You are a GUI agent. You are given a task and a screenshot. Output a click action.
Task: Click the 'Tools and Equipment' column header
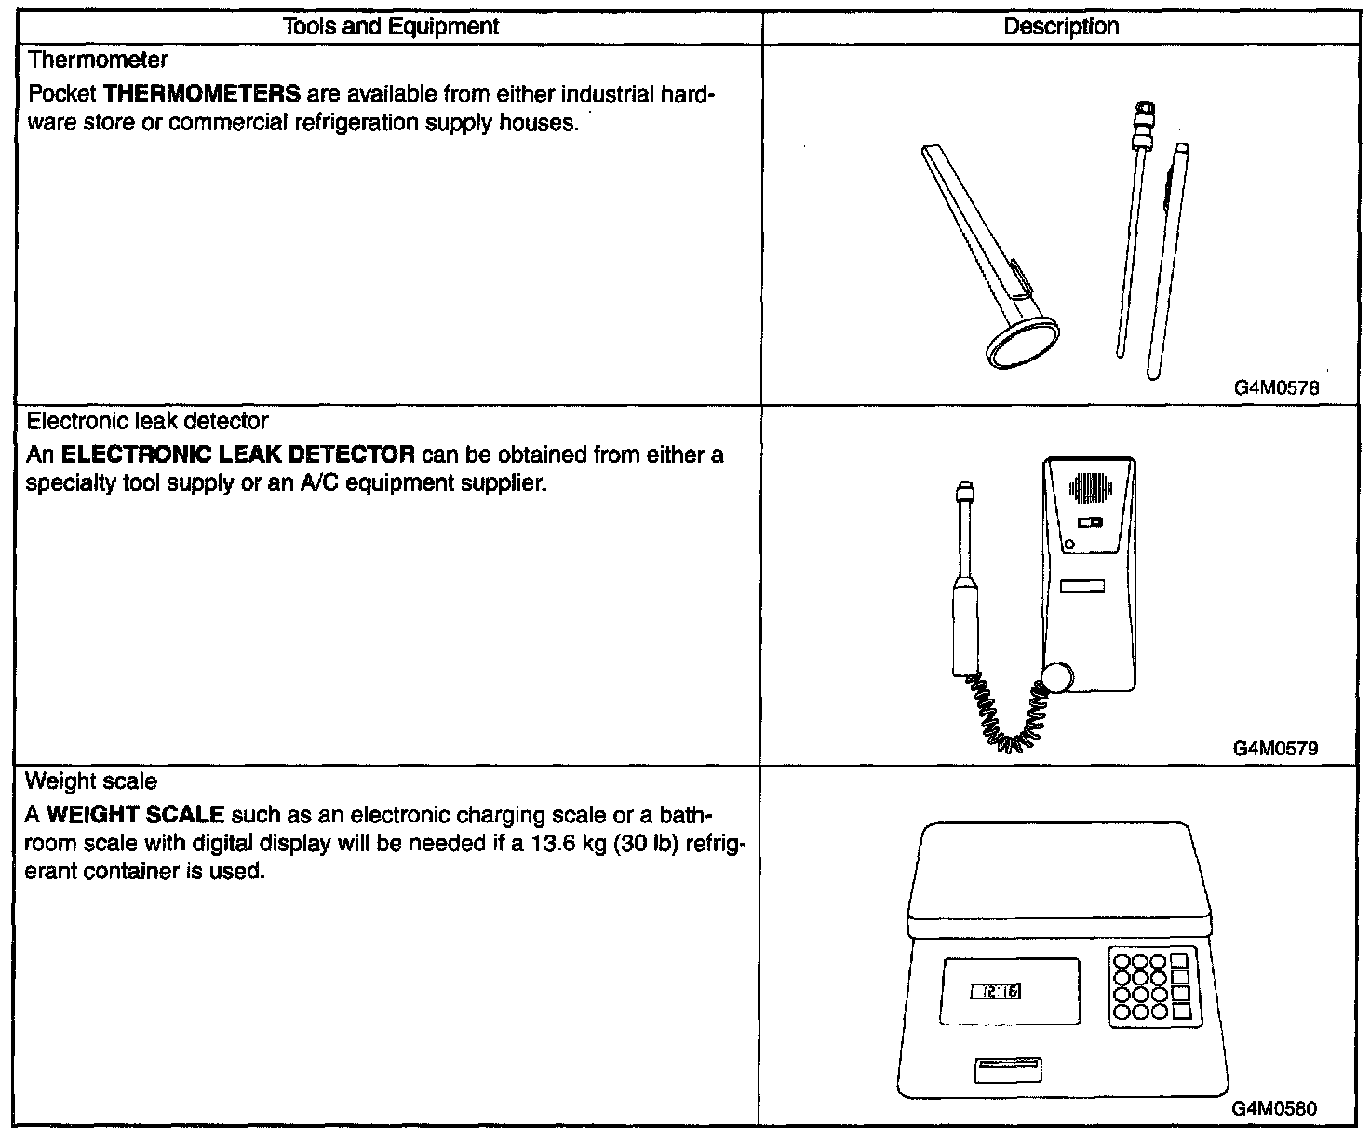(390, 27)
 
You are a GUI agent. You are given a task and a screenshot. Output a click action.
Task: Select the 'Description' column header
(1061, 27)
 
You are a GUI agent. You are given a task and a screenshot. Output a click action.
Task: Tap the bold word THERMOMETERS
(202, 94)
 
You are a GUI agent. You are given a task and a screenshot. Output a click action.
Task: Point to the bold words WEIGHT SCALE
(136, 816)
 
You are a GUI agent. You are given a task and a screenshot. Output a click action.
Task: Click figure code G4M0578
(1275, 388)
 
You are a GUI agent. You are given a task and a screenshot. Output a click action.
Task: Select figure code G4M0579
(1275, 748)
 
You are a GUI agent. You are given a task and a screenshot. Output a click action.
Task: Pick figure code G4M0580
(1275, 1108)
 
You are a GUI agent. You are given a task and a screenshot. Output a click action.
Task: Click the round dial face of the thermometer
(1024, 347)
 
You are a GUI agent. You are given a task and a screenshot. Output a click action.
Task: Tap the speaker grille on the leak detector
(1090, 487)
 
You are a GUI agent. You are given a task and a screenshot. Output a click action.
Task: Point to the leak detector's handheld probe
(964, 596)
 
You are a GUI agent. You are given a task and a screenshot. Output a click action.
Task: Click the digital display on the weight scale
(995, 992)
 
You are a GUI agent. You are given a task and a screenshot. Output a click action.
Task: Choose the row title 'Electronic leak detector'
(147, 421)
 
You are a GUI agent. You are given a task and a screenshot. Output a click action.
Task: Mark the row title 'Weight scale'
(91, 780)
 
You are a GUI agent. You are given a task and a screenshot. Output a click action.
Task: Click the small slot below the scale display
(1007, 1070)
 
